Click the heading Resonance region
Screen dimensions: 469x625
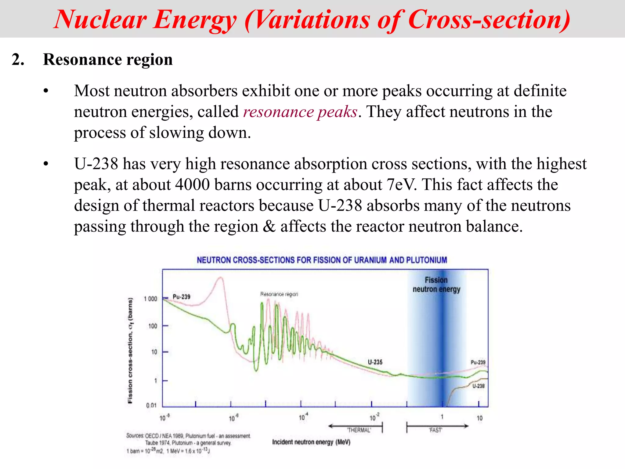click(x=108, y=60)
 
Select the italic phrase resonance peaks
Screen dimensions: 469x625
click(x=300, y=112)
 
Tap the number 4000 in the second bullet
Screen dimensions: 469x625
click(x=192, y=185)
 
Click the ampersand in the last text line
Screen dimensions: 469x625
click(x=269, y=227)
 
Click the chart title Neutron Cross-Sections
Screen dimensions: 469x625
click(x=322, y=260)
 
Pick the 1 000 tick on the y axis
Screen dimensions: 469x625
click(x=150, y=299)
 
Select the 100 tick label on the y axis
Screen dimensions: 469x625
click(x=153, y=326)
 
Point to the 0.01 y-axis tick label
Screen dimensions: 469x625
click(x=151, y=405)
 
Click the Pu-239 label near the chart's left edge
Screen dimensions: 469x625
click(x=181, y=297)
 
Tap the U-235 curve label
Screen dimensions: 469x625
click(x=375, y=362)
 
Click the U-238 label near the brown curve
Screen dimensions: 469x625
click(x=479, y=386)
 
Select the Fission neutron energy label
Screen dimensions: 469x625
click(x=436, y=285)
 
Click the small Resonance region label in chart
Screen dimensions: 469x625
click(x=279, y=294)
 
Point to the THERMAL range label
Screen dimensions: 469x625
click(x=359, y=430)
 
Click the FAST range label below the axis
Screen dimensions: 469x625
click(x=435, y=430)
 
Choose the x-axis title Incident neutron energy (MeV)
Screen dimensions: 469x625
click(x=311, y=442)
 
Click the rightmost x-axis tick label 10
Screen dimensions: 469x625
click(x=479, y=418)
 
